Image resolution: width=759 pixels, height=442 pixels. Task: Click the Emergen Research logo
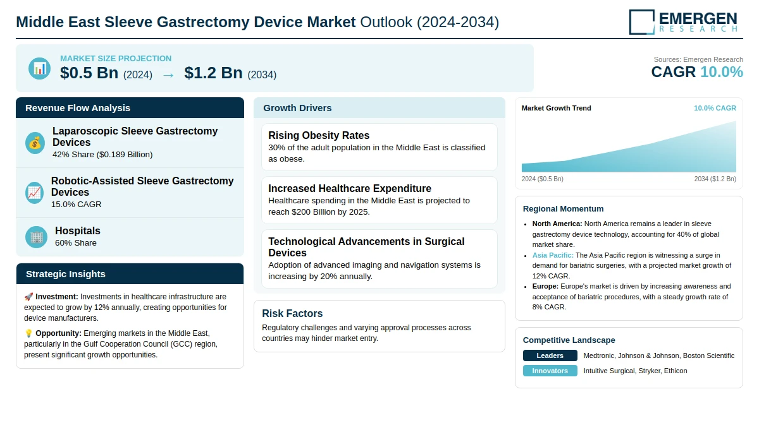683,21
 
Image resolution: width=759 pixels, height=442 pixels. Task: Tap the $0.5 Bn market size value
89,73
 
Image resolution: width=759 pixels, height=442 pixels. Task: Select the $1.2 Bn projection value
213,73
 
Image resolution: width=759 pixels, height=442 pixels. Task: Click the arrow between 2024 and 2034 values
168,75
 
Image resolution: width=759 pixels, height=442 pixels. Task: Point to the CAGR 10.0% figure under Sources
696,72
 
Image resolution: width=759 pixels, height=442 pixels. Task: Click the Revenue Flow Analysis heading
78,108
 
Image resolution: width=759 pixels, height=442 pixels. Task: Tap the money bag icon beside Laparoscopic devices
35,143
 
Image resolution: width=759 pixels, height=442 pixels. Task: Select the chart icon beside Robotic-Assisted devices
35,193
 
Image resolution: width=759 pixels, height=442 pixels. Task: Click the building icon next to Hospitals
37,237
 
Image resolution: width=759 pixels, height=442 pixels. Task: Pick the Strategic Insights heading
66,274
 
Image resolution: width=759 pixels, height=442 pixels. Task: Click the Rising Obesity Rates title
319,135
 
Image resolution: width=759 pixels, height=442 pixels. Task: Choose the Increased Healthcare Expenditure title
350,188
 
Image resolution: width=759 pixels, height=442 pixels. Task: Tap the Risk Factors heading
292,313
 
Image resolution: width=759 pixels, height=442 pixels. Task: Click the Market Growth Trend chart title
556,108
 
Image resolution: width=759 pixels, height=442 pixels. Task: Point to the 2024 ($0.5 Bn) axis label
542,179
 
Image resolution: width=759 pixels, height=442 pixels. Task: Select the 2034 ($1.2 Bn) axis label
715,179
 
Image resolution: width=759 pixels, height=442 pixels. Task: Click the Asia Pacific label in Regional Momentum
553,255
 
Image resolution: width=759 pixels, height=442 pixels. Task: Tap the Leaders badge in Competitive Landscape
550,355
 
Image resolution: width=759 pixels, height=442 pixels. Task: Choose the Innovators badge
550,371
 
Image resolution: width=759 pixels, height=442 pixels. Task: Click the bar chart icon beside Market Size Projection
40,68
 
